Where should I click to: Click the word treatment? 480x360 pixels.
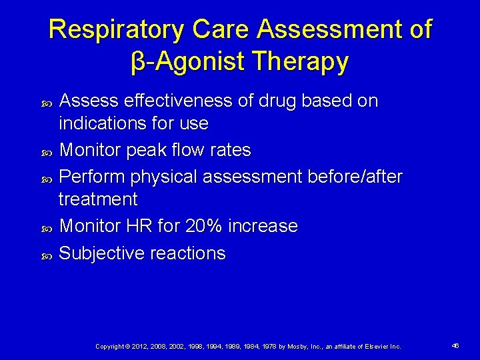[98, 199]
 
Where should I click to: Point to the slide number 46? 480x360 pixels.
[455, 346]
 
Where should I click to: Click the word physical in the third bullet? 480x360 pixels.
[164, 177]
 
